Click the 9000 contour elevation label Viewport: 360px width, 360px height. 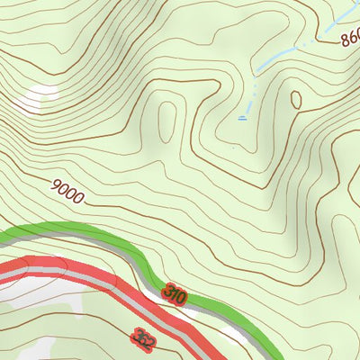pyautogui.click(x=68, y=191)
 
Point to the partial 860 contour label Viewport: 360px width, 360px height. pyautogui.click(x=351, y=38)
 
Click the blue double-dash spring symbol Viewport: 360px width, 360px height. pyautogui.click(x=243, y=117)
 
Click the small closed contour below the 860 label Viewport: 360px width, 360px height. pyautogui.click(x=294, y=100)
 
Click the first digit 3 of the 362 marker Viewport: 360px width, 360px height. pyautogui.click(x=136, y=335)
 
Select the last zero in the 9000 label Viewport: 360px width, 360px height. pyautogui.click(x=79, y=197)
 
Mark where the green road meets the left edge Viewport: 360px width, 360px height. pyautogui.click(x=3, y=241)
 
